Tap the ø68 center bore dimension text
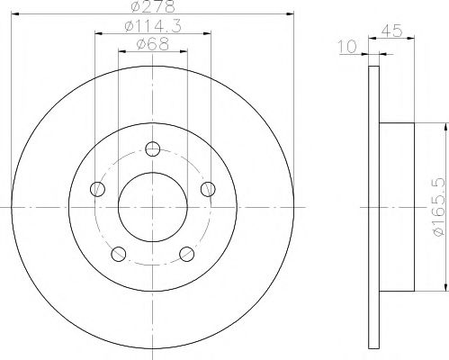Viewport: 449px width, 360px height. coord(151,44)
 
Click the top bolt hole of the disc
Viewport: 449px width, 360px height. coord(153,149)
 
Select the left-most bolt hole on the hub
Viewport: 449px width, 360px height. coord(98,189)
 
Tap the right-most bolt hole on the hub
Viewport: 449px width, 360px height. coord(208,189)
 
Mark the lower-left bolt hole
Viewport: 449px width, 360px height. coord(119,253)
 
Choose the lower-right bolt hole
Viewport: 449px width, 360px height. coord(187,253)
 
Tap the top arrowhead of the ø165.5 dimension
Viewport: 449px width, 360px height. coord(445,127)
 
